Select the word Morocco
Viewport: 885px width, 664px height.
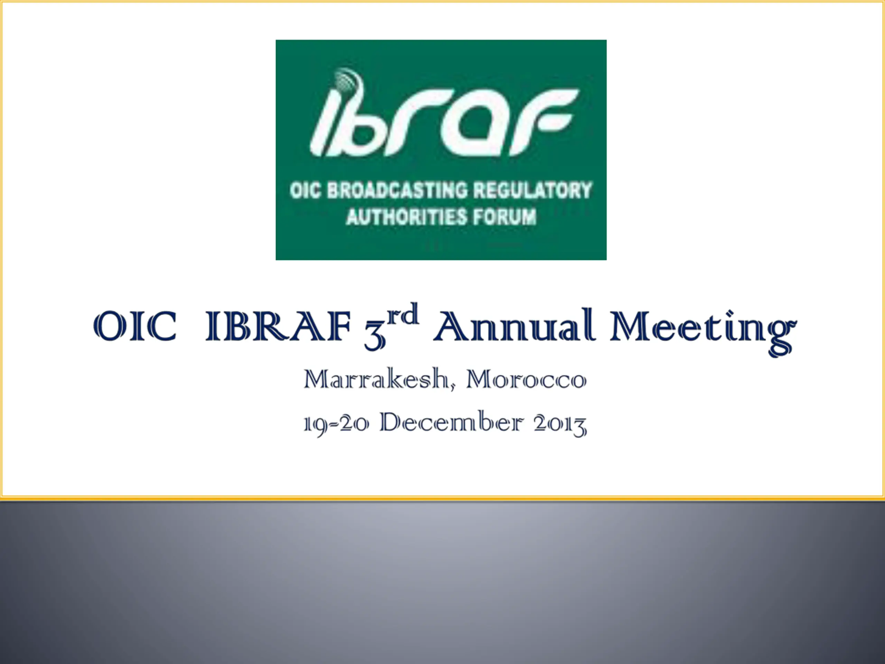tap(527, 379)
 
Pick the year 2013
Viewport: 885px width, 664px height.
tap(560, 424)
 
